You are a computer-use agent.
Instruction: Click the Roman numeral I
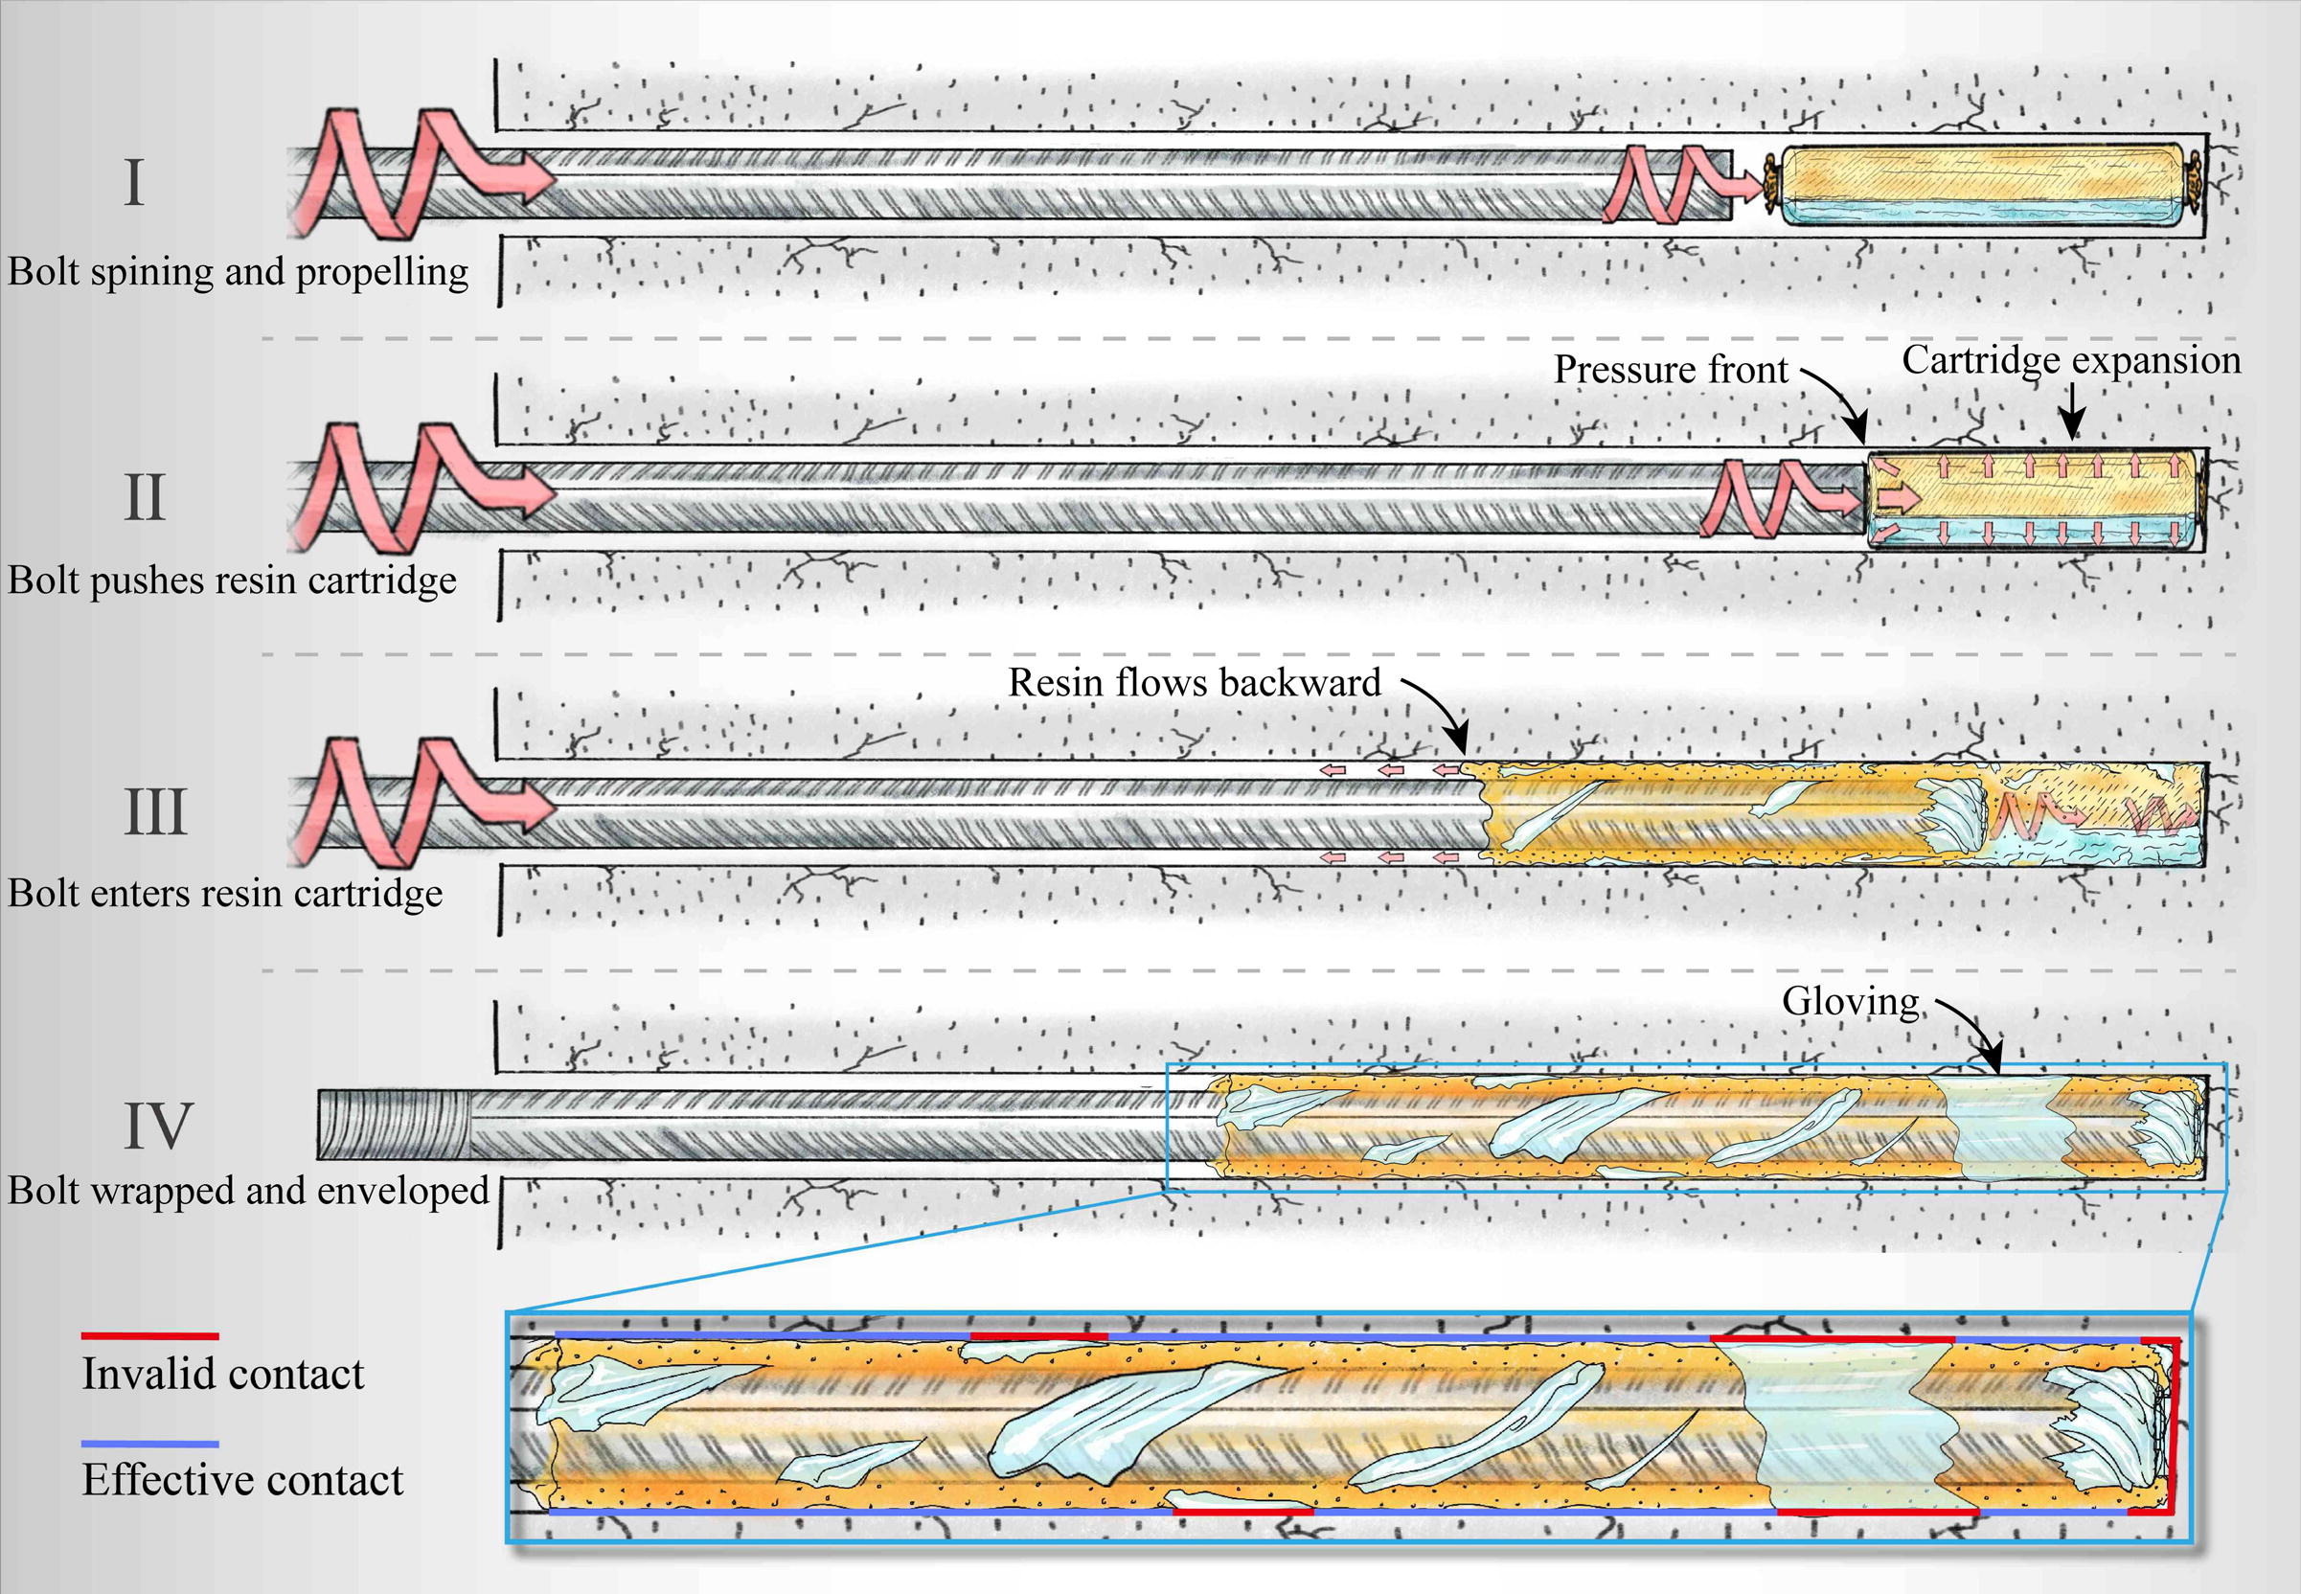(135, 183)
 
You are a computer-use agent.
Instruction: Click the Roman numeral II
(144, 497)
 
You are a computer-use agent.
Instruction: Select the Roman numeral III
(155, 812)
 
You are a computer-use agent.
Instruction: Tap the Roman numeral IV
(158, 1126)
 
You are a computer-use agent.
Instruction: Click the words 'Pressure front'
(1670, 370)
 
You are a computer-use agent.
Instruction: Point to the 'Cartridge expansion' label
(2070, 359)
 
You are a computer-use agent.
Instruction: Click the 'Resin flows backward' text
(1195, 682)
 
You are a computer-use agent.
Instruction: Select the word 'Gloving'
(1851, 1001)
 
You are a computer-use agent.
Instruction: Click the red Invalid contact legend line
(149, 1335)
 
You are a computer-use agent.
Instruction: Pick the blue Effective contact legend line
(149, 1445)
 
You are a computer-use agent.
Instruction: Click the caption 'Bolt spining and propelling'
(238, 272)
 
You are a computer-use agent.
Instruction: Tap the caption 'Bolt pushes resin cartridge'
(232, 581)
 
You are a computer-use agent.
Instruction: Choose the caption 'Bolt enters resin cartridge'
(225, 893)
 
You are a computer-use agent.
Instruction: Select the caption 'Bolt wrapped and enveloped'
(248, 1191)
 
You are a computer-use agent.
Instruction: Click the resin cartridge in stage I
(1982, 185)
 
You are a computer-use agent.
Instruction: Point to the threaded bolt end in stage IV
(394, 1125)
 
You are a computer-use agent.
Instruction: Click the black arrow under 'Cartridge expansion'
(2072, 412)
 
